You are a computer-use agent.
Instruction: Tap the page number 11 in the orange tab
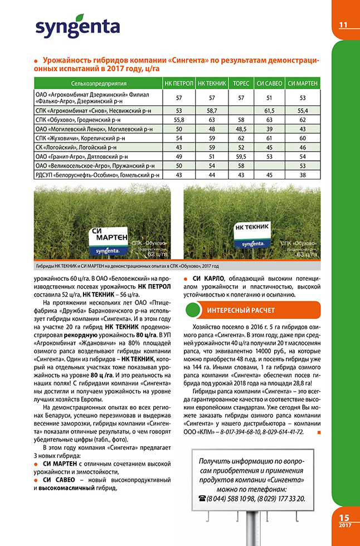(343, 25)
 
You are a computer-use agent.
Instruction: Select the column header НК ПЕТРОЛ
(179, 83)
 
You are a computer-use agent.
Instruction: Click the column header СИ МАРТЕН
(303, 83)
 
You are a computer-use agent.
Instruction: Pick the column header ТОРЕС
(241, 83)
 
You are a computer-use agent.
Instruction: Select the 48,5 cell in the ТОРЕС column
(241, 129)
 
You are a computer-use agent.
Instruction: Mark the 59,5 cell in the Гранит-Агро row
(241, 157)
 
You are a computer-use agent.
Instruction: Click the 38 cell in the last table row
(303, 175)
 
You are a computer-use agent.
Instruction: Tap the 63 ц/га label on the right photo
(304, 255)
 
